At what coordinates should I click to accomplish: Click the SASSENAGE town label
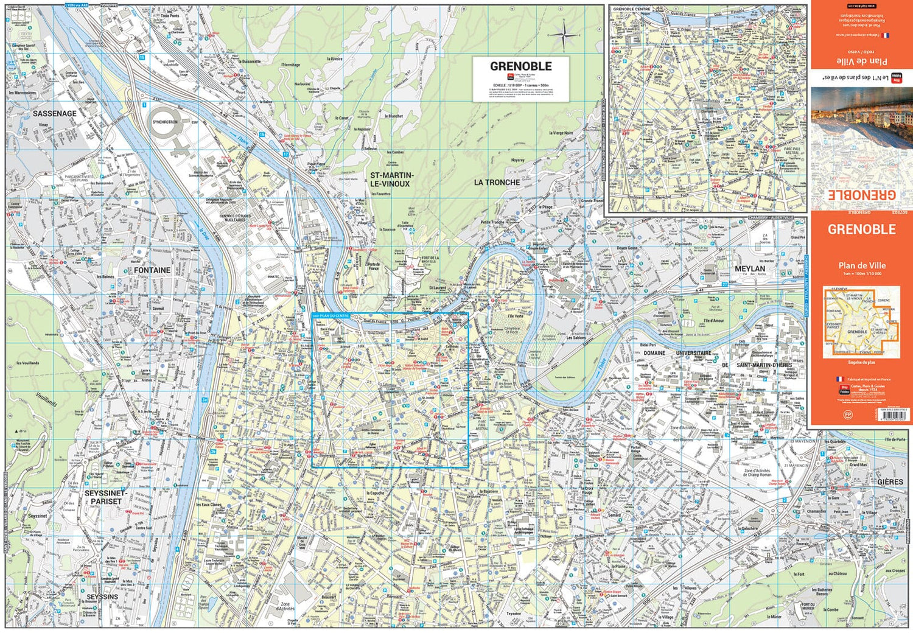(55, 114)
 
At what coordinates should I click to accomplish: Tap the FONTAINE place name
(152, 270)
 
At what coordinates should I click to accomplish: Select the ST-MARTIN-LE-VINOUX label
(391, 180)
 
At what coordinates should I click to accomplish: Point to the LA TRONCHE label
(497, 183)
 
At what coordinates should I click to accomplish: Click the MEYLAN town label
(749, 268)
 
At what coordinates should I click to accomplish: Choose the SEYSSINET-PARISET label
(106, 497)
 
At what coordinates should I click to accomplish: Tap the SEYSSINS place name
(102, 596)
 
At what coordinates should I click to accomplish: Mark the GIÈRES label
(890, 481)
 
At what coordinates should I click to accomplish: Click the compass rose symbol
(564, 35)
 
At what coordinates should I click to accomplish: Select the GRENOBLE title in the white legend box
(521, 66)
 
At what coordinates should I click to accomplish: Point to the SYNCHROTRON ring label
(165, 122)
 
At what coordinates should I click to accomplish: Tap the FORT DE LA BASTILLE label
(430, 260)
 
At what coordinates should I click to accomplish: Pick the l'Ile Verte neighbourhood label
(515, 316)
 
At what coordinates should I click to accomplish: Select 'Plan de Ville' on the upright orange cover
(862, 265)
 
